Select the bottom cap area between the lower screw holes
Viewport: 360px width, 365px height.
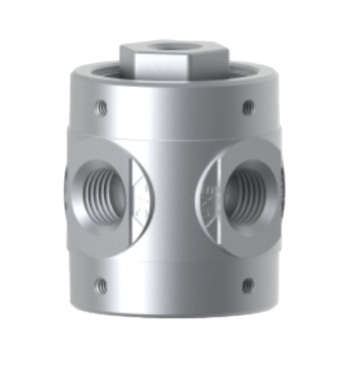click(x=174, y=290)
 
